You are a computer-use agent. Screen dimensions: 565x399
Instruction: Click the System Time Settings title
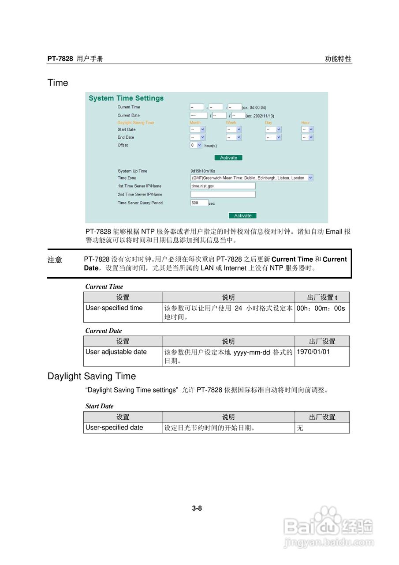(x=126, y=98)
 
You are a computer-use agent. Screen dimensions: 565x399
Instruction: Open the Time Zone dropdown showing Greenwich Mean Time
(x=252, y=178)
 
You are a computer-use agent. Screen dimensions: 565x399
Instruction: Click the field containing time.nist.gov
(x=223, y=186)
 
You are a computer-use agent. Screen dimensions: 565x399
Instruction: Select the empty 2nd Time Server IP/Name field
(x=223, y=194)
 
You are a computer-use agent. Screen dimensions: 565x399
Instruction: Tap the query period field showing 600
(x=199, y=203)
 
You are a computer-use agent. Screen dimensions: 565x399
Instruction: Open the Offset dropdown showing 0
(x=196, y=145)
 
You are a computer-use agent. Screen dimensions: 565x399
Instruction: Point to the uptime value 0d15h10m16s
(x=203, y=171)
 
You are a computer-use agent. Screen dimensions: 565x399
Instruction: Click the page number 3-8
(x=197, y=508)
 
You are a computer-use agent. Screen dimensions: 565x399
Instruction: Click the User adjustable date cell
(x=116, y=352)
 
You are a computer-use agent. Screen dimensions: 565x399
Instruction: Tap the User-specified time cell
(x=114, y=308)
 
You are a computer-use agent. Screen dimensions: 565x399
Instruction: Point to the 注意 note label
(x=55, y=260)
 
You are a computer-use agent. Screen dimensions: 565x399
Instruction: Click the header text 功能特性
(x=338, y=59)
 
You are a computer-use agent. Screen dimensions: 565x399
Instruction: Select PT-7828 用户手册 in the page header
(x=75, y=59)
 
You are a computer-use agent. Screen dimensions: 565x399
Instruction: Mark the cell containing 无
(x=300, y=428)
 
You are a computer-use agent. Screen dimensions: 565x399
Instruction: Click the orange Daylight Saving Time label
(x=136, y=123)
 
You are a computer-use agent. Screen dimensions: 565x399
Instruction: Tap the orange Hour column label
(x=306, y=123)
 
